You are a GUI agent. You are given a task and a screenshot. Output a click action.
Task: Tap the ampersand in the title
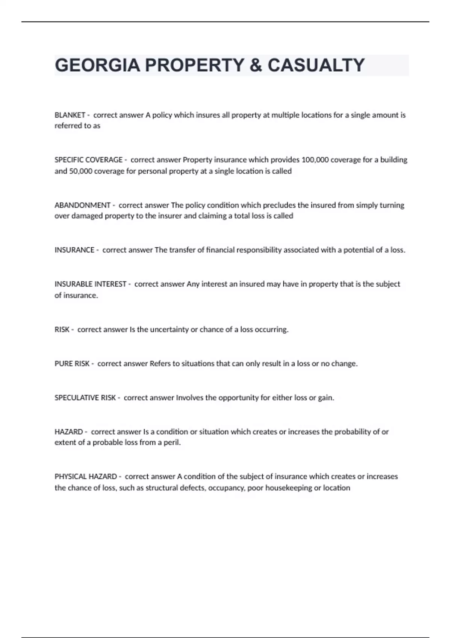pyautogui.click(x=256, y=65)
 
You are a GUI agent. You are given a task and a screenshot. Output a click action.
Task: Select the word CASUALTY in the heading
pyautogui.click(x=316, y=65)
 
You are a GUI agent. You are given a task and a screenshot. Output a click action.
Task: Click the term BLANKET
pyautogui.click(x=70, y=115)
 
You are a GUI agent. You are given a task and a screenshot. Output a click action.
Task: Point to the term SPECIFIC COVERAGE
pyautogui.click(x=88, y=160)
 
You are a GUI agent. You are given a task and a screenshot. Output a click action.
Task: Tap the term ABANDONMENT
pyautogui.click(x=82, y=205)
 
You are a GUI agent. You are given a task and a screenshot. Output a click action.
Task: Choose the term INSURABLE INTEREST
pyautogui.click(x=90, y=284)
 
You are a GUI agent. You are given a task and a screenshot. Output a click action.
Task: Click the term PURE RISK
pyautogui.click(x=72, y=364)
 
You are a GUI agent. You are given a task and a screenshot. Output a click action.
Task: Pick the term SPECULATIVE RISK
pyautogui.click(x=85, y=398)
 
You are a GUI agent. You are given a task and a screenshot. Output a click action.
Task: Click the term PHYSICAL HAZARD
pyautogui.click(x=86, y=477)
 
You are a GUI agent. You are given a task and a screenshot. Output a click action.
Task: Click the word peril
pyautogui.click(x=172, y=442)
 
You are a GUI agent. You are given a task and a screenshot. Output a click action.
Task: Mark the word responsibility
pyautogui.click(x=259, y=250)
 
